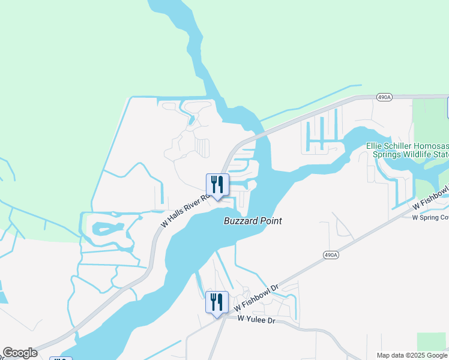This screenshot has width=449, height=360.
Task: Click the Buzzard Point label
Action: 253,221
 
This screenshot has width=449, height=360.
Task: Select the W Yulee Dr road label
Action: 256,320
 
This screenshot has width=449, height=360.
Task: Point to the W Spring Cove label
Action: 430,217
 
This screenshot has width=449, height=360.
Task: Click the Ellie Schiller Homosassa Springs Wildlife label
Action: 408,150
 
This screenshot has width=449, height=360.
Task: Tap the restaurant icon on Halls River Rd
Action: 217,185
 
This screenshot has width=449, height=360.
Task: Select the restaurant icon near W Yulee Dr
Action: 217,302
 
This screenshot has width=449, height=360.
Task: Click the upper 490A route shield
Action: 384,96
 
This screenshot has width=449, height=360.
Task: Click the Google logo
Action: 20,353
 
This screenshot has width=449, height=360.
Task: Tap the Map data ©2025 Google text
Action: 412,355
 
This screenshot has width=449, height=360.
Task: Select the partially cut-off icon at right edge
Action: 447,107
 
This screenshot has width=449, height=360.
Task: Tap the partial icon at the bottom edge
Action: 60,358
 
